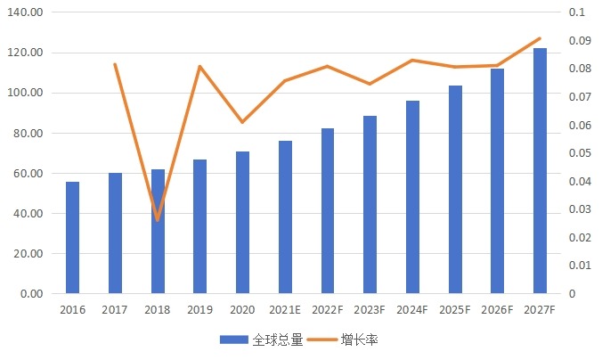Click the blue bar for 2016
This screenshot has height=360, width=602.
pos(72,238)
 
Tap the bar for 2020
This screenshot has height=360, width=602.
pos(242,223)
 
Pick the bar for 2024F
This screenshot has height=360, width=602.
pos(412,197)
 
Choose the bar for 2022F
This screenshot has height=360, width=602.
pos(328,211)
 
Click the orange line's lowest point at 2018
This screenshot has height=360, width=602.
pos(158,219)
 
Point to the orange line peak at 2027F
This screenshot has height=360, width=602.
pos(540,38)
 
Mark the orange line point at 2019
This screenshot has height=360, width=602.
pos(200,66)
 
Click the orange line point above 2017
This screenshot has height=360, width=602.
pos(115,64)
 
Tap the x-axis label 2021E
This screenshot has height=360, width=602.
pos(285,310)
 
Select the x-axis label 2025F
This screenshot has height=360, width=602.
pos(455,310)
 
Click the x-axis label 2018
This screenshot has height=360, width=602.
pos(158,310)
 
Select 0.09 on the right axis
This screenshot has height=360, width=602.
pos(579,41)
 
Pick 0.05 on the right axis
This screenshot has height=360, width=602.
pos(579,153)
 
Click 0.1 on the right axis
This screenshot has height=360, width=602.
pos(576,12)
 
